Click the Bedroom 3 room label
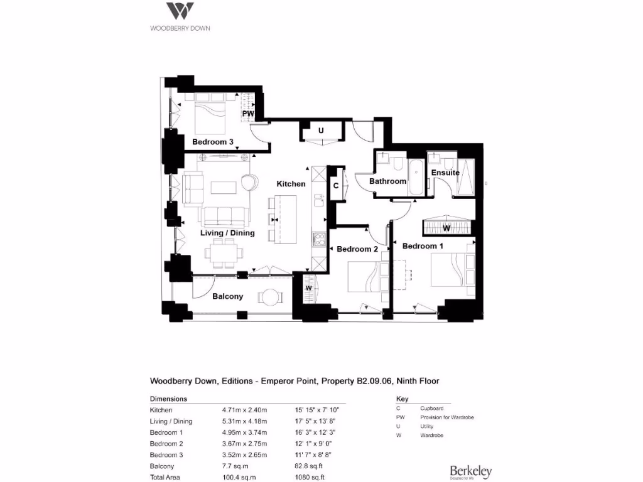click(x=213, y=142)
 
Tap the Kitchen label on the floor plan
click(x=291, y=184)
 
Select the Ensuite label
click(x=445, y=173)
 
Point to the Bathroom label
click(x=387, y=181)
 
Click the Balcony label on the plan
click(x=227, y=296)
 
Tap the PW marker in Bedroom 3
click(x=248, y=115)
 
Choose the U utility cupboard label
click(x=321, y=131)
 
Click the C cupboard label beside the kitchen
click(x=336, y=186)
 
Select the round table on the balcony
click(x=271, y=296)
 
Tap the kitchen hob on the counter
click(x=318, y=238)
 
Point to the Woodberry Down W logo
click(x=180, y=12)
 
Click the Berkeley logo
click(x=470, y=472)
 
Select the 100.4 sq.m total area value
click(x=236, y=478)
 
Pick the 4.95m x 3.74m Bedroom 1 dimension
click(x=244, y=432)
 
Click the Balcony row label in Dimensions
click(x=161, y=466)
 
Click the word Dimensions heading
click(x=168, y=399)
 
